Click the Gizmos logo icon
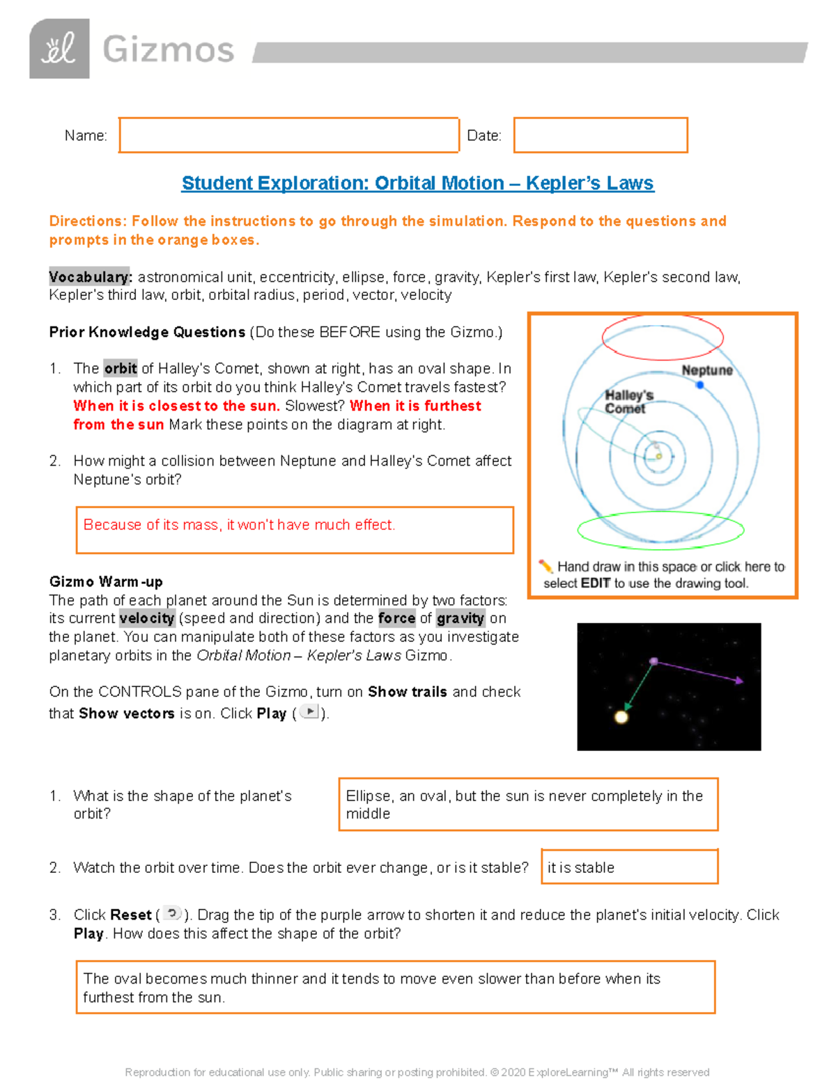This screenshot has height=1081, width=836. pos(59,49)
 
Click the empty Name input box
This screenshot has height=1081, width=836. pos(288,135)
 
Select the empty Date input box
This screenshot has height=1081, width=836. pos(600,135)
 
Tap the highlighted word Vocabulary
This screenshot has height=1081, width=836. pos(90,277)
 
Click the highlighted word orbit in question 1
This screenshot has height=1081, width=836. pos(121,369)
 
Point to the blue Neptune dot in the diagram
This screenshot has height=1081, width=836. pos(700,385)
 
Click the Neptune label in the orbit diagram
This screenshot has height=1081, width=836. pos(706,370)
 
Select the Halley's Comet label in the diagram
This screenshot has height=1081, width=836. pos(628,402)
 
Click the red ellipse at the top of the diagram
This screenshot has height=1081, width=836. pos(663,337)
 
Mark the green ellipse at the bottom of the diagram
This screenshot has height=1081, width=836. pos(660,530)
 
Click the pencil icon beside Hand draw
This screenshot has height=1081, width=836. pos(545,567)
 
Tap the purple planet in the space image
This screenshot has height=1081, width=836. pos(653,661)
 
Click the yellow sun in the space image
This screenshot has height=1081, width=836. pos(621,716)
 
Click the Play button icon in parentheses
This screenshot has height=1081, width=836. pos(309,712)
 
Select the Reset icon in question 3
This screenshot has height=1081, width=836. pos(172,914)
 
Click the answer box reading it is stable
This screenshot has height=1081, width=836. pos(629,867)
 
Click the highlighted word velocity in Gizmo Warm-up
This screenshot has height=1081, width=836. pos(146,618)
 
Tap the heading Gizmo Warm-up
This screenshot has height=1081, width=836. pos(106,581)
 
